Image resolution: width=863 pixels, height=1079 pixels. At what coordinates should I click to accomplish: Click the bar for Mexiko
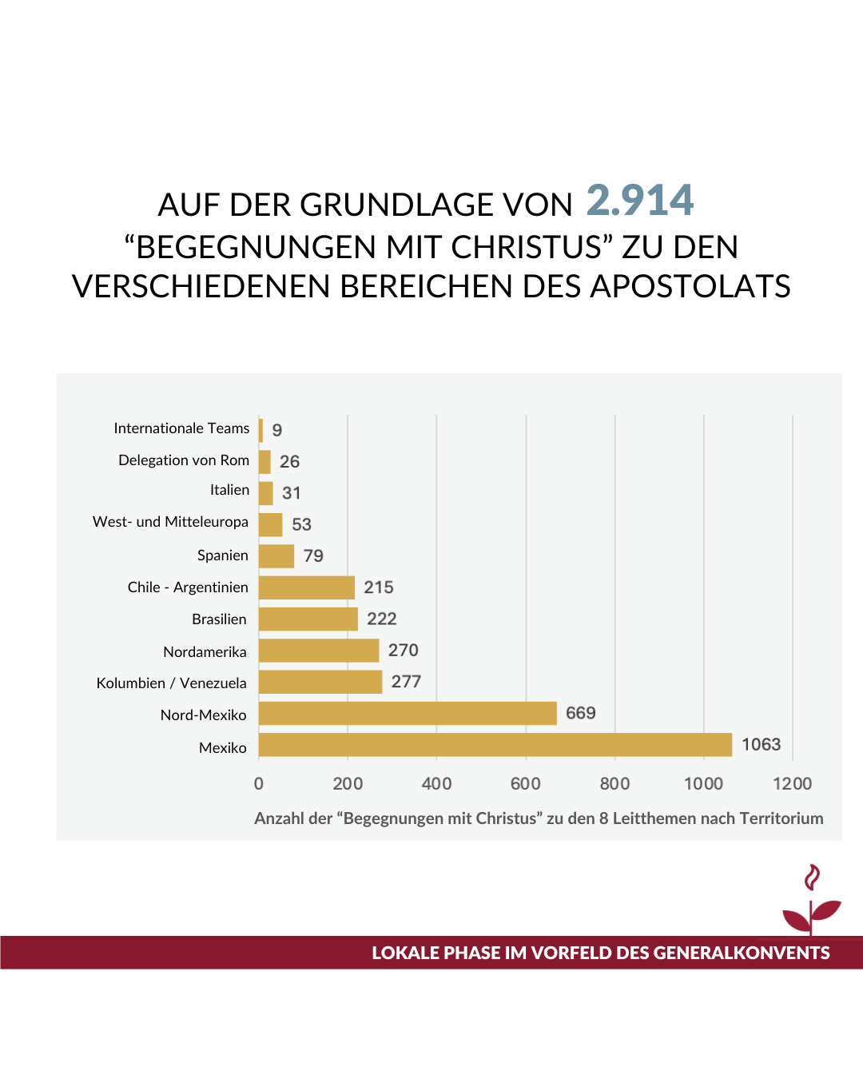click(495, 745)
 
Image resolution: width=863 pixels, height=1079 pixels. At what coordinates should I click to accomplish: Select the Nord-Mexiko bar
click(408, 714)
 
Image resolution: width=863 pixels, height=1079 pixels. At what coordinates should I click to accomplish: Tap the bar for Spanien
click(276, 556)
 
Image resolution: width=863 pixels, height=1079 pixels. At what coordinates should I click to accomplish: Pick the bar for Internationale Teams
click(260, 430)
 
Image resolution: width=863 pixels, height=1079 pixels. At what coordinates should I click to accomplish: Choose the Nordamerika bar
click(319, 651)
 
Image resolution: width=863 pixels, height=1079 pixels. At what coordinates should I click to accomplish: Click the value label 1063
click(761, 745)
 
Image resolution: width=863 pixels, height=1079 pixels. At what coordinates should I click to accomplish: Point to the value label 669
click(581, 713)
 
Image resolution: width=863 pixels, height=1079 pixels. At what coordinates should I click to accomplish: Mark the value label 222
click(382, 619)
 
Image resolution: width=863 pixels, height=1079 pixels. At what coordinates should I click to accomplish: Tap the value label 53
click(301, 524)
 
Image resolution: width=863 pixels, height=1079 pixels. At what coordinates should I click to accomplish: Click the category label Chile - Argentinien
click(188, 587)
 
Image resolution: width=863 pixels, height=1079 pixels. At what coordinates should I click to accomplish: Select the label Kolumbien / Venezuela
click(171, 683)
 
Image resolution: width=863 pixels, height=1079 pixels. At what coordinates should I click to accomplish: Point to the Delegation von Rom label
click(184, 460)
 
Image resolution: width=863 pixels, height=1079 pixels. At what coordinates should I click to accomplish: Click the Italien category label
click(229, 490)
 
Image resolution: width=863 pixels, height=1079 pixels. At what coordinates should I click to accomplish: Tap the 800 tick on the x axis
click(614, 784)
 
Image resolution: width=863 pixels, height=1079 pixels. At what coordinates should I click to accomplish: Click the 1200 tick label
click(792, 784)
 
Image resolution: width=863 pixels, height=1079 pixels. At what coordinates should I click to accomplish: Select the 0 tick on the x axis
click(259, 784)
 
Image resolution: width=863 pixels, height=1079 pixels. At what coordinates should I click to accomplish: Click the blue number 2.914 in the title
click(640, 201)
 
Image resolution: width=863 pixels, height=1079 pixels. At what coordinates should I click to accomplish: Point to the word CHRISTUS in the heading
click(526, 247)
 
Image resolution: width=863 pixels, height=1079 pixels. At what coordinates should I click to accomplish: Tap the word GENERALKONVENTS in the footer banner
click(741, 953)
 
